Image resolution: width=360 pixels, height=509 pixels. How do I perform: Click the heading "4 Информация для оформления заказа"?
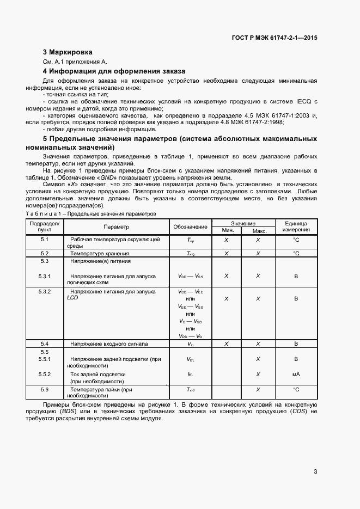click(114, 71)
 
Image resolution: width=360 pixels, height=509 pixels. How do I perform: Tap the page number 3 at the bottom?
click(315, 472)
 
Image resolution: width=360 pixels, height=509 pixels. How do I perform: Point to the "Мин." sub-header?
click(226, 231)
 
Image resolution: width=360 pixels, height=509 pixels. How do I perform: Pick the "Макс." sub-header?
click(259, 231)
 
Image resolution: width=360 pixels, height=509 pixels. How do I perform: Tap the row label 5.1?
click(45, 240)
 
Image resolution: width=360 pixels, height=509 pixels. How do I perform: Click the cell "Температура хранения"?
click(99, 254)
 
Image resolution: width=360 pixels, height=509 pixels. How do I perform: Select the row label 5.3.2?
click(45, 292)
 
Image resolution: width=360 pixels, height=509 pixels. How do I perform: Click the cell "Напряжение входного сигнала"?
click(108, 344)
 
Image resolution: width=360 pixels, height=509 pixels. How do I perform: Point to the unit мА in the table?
click(296, 375)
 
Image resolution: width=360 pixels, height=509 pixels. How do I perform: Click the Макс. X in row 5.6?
click(259, 390)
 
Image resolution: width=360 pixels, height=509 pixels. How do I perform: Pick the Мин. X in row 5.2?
click(226, 254)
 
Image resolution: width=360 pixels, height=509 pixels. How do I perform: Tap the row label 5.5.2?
click(45, 375)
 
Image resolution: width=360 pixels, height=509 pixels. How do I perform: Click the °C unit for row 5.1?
click(296, 240)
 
